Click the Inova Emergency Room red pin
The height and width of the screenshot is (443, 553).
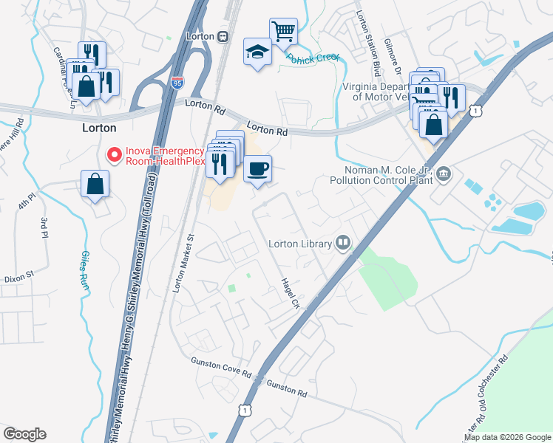(x=115, y=154)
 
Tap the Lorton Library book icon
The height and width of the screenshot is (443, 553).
(x=342, y=242)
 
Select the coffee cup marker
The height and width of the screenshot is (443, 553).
(x=257, y=169)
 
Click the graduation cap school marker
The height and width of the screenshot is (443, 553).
(x=257, y=52)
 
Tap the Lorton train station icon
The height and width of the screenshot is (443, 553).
(x=222, y=36)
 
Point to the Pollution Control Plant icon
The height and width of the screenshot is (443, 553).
(x=444, y=175)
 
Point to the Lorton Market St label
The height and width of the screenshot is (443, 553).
(x=183, y=264)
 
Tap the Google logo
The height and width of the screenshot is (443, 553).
(x=24, y=434)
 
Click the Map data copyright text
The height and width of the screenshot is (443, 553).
(x=506, y=437)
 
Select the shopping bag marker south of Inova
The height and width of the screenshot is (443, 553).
(x=95, y=185)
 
